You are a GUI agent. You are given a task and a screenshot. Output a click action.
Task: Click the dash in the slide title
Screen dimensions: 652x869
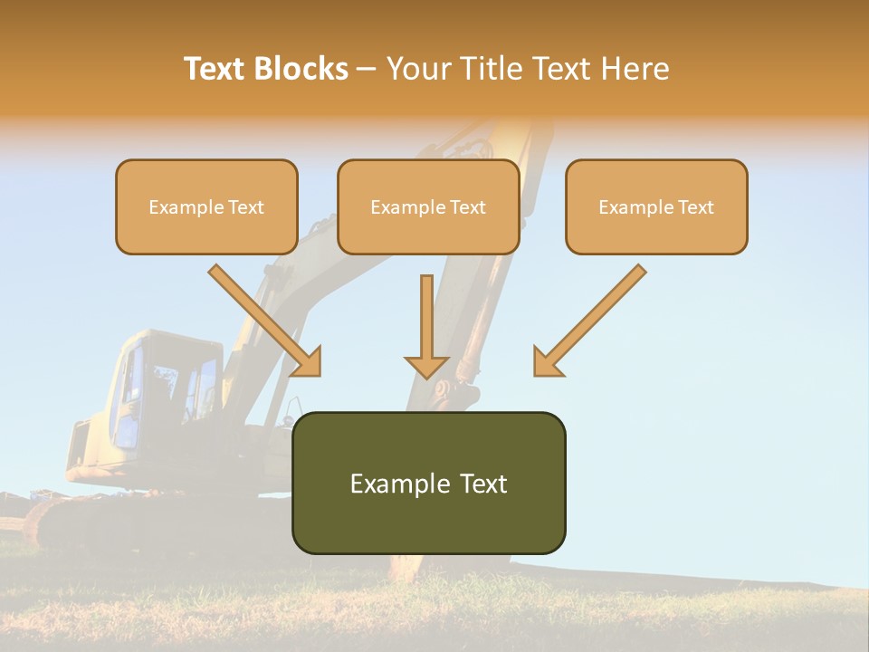click(x=368, y=70)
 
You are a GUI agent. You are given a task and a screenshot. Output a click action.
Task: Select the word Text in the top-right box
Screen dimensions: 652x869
click(x=696, y=207)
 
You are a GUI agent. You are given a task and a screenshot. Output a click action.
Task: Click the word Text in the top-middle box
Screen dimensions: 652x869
click(x=468, y=207)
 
